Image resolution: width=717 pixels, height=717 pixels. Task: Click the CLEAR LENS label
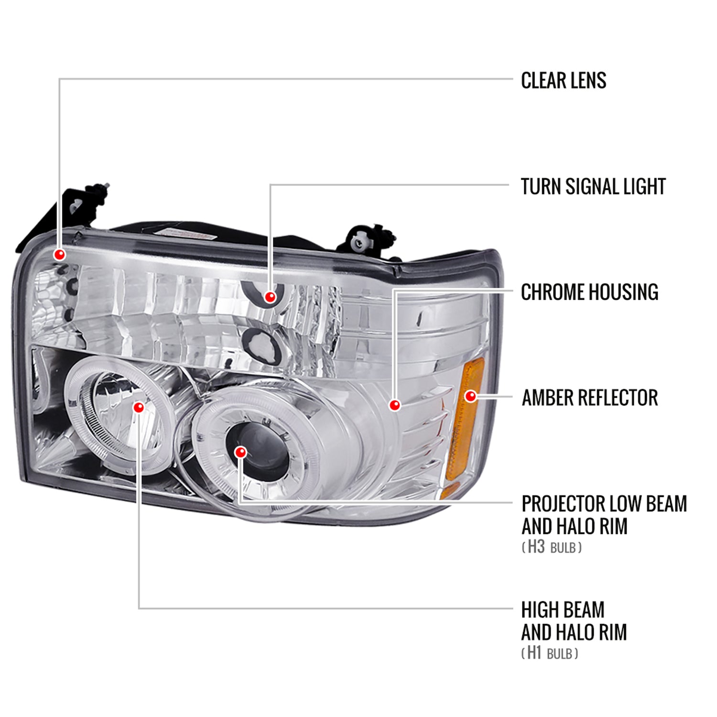(563, 80)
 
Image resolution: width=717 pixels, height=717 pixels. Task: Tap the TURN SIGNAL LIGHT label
(593, 186)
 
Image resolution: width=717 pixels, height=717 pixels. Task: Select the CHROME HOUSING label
(589, 292)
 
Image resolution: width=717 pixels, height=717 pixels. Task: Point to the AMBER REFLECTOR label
(589, 398)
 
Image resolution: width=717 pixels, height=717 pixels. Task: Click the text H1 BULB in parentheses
(549, 653)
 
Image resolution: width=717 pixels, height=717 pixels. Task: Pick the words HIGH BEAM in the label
(563, 610)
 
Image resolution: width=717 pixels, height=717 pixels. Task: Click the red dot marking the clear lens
(60, 254)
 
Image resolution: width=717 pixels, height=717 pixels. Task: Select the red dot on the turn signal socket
(271, 297)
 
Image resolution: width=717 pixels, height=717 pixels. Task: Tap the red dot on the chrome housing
(394, 405)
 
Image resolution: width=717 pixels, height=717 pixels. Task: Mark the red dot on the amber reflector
(471, 396)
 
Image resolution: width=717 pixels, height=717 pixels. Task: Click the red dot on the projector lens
(241, 452)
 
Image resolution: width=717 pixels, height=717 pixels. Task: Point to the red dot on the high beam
(139, 407)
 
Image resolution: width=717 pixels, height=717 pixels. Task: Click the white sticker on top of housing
(186, 233)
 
